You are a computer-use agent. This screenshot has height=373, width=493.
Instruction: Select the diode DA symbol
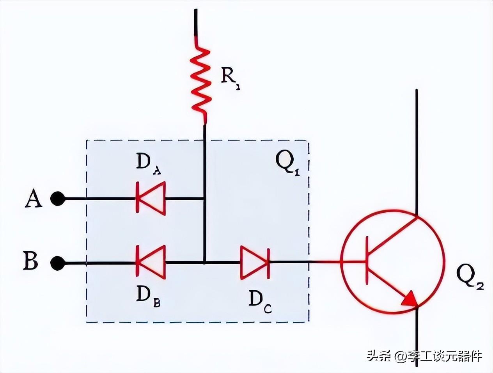[x=151, y=198]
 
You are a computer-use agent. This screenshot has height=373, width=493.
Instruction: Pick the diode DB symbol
[x=151, y=262]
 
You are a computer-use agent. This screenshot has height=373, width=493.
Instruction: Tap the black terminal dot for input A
[x=57, y=199]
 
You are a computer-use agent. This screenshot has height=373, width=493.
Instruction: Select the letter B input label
[x=31, y=261]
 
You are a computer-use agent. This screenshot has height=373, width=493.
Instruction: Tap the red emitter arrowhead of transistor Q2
[x=410, y=298]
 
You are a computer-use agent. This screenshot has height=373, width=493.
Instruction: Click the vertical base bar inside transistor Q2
[x=367, y=261]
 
